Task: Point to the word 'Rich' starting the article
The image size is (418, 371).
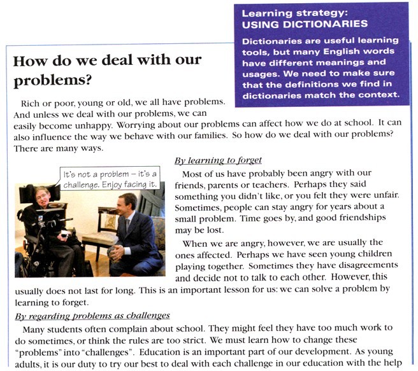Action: click(x=31, y=102)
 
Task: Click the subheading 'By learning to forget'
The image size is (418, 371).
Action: click(x=218, y=160)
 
